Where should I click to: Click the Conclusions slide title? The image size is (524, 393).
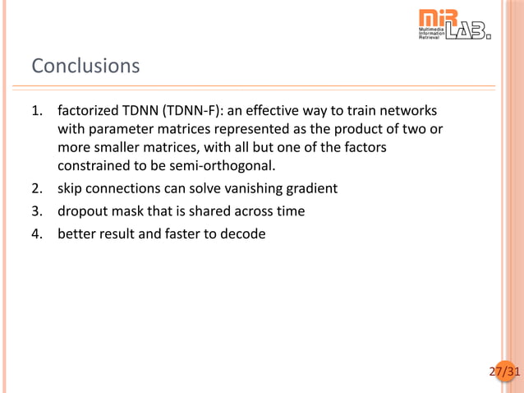[85, 65]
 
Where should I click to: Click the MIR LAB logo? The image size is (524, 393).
[454, 25]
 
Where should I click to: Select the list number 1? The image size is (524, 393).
[36, 110]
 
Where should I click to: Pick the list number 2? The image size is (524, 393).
[36, 188]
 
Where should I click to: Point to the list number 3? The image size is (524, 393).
[36, 211]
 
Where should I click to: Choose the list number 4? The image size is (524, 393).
[36, 234]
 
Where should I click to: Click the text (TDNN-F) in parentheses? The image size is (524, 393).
[173, 110]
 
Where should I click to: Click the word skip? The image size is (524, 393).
[71, 188]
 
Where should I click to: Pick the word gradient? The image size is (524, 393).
[310, 188]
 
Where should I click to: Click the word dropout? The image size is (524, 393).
[83, 211]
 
